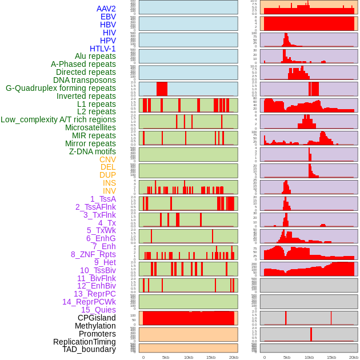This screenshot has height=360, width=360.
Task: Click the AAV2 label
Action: tap(106, 9)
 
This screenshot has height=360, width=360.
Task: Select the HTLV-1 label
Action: tap(102, 49)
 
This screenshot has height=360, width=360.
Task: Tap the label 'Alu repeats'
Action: tap(95, 57)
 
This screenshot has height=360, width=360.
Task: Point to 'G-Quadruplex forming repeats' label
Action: tap(61, 89)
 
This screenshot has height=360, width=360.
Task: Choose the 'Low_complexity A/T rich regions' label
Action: tap(58, 119)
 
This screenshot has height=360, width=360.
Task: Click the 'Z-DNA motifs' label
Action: tap(92, 151)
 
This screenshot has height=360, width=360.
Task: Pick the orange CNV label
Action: tap(107, 159)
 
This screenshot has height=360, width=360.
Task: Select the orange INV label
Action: tap(109, 191)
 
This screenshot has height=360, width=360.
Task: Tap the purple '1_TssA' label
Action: tap(103, 199)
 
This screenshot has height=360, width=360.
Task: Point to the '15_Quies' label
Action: tap(98, 310)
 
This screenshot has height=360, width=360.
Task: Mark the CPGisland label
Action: tap(97, 318)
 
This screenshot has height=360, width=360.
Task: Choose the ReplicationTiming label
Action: tap(84, 342)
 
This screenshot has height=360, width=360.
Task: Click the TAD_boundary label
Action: tap(89, 349)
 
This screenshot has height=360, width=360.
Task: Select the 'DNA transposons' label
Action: tap(85, 80)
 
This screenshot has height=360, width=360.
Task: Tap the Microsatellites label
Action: tap(90, 127)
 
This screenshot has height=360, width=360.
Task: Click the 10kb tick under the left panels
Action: tap(188, 357)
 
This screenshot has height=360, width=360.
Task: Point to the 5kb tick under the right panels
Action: tap(286, 357)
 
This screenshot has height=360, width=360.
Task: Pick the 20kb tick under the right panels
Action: tap(354, 357)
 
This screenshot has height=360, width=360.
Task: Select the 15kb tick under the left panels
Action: tap(210, 357)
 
